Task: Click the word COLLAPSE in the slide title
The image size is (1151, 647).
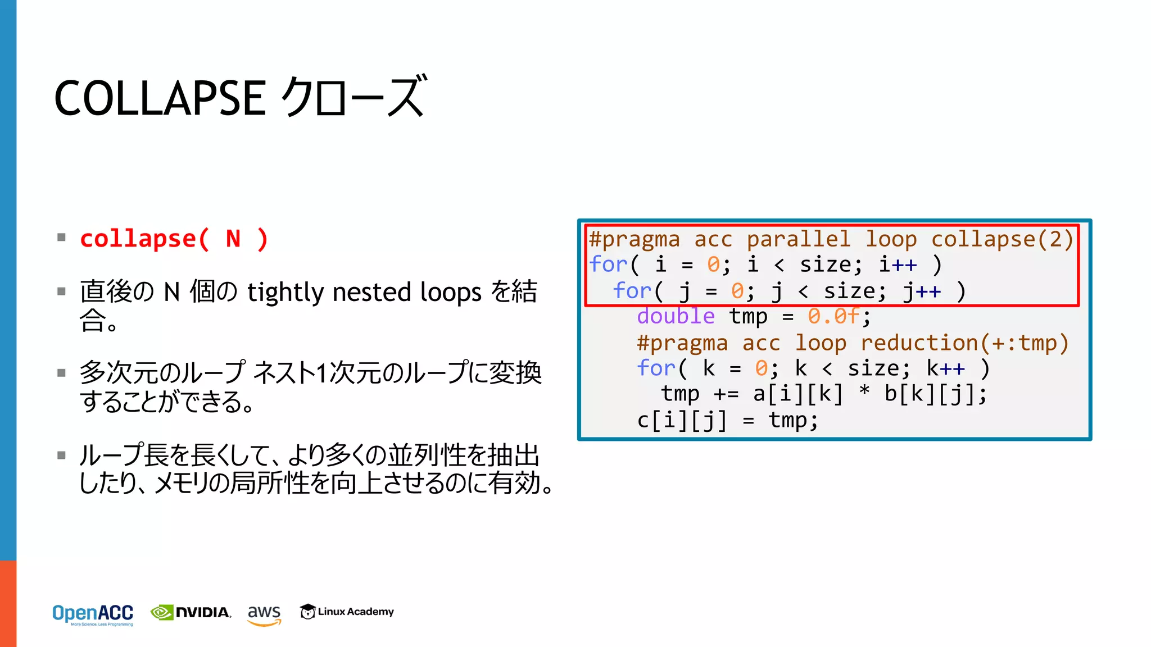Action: (160, 98)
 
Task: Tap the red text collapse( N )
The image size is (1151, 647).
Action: (174, 239)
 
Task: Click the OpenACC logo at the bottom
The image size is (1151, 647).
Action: (93, 614)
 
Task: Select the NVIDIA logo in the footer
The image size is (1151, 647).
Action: (191, 612)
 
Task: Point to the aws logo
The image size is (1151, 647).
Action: (264, 613)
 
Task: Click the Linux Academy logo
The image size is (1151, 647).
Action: (347, 612)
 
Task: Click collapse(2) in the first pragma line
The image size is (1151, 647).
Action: (1002, 239)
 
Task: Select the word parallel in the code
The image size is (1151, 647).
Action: (798, 239)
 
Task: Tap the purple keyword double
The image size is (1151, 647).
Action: (676, 316)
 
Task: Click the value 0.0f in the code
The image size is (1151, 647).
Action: (833, 316)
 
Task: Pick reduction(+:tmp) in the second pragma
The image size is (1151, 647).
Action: (964, 343)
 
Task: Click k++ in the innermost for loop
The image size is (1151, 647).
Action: (946, 368)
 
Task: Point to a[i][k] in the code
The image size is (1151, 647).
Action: (798, 394)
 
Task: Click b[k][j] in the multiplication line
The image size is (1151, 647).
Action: (930, 394)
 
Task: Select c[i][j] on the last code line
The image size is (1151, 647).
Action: (682, 420)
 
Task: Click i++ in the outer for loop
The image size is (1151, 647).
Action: (898, 265)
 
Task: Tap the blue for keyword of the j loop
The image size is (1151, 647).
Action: (631, 291)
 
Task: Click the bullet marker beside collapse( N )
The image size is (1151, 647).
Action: (62, 238)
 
